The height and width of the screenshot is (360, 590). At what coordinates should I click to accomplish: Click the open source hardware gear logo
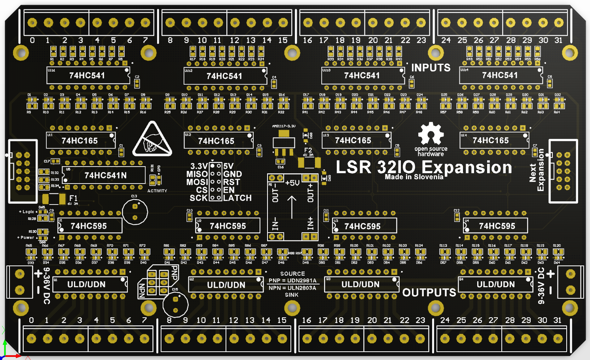(x=431, y=133)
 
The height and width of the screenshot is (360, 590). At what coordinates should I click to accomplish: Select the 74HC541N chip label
(x=105, y=175)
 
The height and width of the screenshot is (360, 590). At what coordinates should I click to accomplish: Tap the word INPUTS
(x=431, y=68)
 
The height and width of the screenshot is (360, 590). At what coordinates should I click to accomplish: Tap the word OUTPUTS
(x=429, y=292)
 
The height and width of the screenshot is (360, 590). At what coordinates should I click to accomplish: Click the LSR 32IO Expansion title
(x=424, y=167)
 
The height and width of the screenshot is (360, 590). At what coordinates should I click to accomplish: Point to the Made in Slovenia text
(x=414, y=177)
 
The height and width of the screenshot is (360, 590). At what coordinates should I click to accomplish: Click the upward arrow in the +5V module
(x=292, y=207)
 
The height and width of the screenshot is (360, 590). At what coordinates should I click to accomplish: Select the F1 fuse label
(x=74, y=198)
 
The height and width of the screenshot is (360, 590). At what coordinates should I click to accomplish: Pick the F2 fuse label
(x=308, y=150)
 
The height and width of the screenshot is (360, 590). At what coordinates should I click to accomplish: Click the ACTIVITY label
(x=157, y=191)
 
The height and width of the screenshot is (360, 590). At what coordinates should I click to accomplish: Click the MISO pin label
(x=197, y=174)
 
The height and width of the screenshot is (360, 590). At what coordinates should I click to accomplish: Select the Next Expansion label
(x=537, y=172)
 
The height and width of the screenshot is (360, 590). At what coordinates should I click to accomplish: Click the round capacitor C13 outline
(x=135, y=212)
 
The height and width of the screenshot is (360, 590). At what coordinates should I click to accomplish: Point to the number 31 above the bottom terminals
(x=557, y=320)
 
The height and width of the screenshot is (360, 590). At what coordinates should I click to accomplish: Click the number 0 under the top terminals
(x=32, y=40)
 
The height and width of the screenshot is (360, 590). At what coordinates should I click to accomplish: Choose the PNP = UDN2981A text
(x=292, y=280)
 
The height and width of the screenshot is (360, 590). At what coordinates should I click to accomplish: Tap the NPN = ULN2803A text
(x=292, y=288)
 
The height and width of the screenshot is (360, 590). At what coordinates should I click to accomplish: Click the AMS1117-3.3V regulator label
(x=284, y=126)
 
